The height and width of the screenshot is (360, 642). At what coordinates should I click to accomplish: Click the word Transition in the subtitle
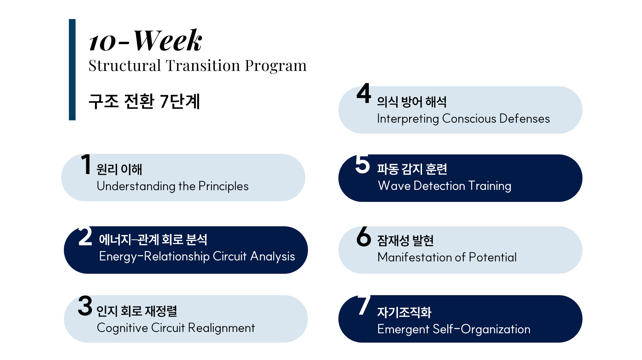(x=203, y=65)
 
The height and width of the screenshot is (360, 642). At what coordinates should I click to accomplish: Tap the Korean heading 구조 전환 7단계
(x=144, y=101)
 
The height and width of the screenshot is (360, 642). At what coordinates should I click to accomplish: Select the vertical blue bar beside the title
(x=72, y=70)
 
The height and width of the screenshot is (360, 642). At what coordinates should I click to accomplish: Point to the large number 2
(x=85, y=236)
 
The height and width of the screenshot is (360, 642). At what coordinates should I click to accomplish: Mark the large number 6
(x=364, y=236)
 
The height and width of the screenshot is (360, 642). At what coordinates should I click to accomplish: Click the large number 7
(x=364, y=305)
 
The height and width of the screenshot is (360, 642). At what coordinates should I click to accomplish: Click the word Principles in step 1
(x=223, y=187)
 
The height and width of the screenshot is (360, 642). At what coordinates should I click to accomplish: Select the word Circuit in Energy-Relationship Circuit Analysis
(x=230, y=256)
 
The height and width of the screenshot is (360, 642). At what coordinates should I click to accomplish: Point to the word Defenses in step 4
(x=524, y=119)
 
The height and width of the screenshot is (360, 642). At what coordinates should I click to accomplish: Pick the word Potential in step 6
(x=493, y=257)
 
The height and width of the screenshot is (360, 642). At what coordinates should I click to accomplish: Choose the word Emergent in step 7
(x=403, y=330)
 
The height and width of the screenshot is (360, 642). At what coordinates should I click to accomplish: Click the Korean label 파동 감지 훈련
(x=412, y=169)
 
